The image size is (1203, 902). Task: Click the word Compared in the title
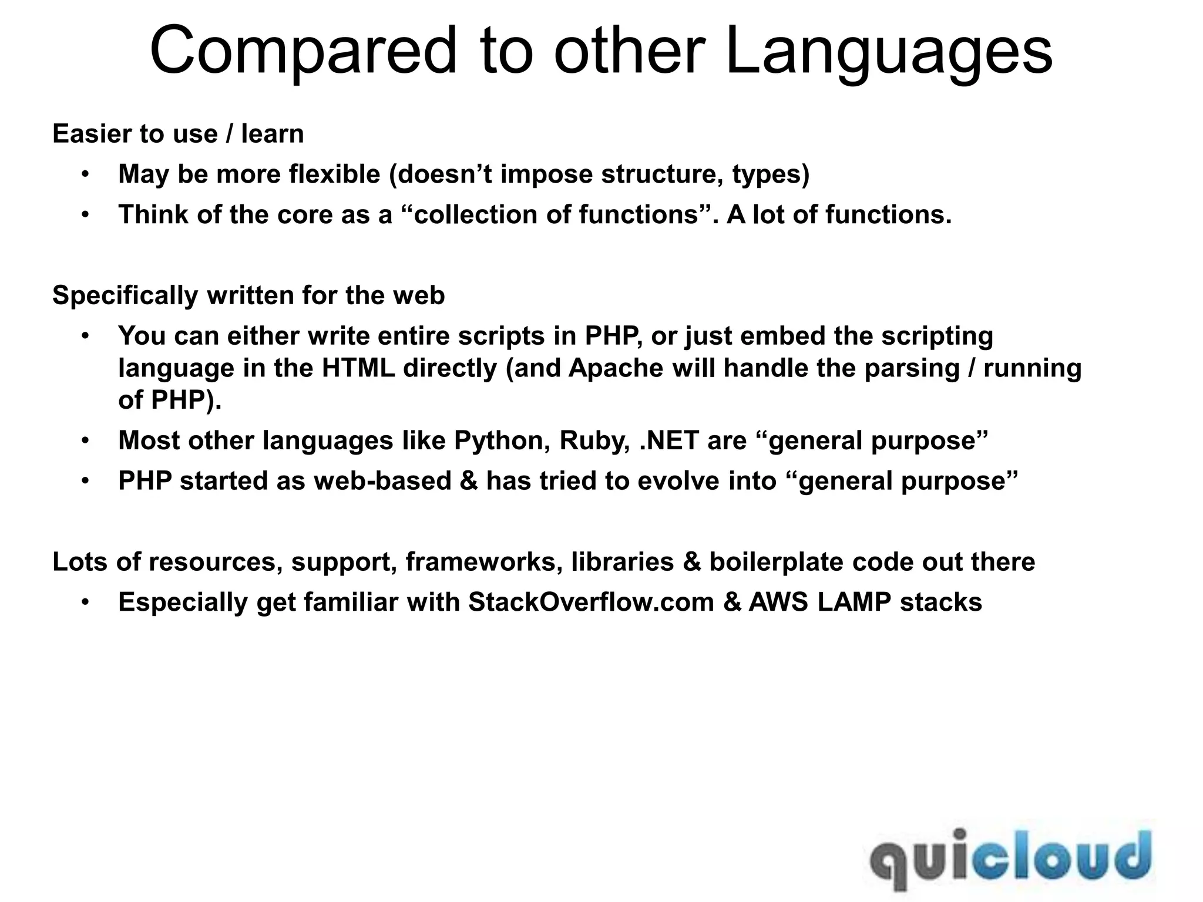coord(303,52)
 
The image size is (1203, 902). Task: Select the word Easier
coord(92,134)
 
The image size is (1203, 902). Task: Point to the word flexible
coord(335,174)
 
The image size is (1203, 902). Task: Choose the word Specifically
coord(125,295)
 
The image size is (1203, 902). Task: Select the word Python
coord(502,440)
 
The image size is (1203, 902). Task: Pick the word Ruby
coord(595,440)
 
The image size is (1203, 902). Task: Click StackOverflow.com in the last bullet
coord(591,603)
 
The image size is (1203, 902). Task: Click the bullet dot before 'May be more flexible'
coord(85,174)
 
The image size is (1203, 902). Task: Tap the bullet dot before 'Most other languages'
coord(85,440)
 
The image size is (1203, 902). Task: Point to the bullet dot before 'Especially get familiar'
coord(85,603)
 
